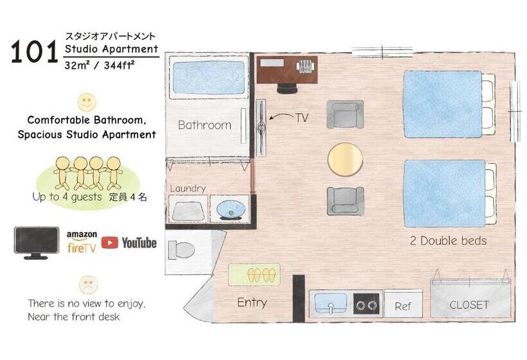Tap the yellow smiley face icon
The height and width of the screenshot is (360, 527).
(86, 102)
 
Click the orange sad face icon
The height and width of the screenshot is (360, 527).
(87, 283)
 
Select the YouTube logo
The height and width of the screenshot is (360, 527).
(129, 242)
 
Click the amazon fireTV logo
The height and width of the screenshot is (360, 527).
(81, 242)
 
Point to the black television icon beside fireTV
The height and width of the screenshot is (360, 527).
(37, 242)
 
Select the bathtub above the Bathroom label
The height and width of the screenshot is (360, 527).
(207, 78)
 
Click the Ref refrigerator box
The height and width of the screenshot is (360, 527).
(403, 306)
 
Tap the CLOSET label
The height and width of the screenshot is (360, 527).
(469, 305)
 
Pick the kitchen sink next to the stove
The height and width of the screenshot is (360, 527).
(331, 303)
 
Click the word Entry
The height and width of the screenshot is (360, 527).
(252, 302)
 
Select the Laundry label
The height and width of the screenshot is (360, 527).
(188, 188)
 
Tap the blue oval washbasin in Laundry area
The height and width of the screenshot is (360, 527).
(230, 210)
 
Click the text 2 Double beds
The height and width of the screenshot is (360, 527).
(448, 241)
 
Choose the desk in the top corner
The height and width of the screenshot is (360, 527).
(287, 69)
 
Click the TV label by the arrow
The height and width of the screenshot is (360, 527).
(303, 118)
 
